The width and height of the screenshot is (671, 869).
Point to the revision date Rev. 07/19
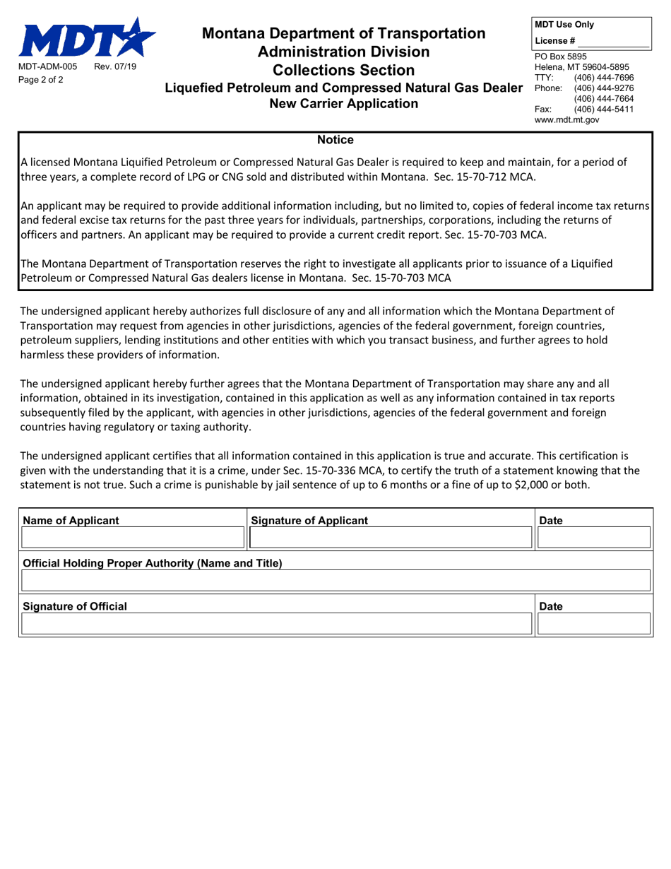117,66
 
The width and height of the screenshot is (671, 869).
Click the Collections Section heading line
344,70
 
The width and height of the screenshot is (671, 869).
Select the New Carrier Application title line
344,104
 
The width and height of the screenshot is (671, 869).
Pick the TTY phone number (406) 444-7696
604,77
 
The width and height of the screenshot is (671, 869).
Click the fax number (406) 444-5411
604,109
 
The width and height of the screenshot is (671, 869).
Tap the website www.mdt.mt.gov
566,119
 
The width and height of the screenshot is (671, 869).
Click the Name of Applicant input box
133,539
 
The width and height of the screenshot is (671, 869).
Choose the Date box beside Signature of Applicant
593,539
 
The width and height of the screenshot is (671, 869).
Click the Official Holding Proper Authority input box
335,581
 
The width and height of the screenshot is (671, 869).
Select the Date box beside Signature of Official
593,624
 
